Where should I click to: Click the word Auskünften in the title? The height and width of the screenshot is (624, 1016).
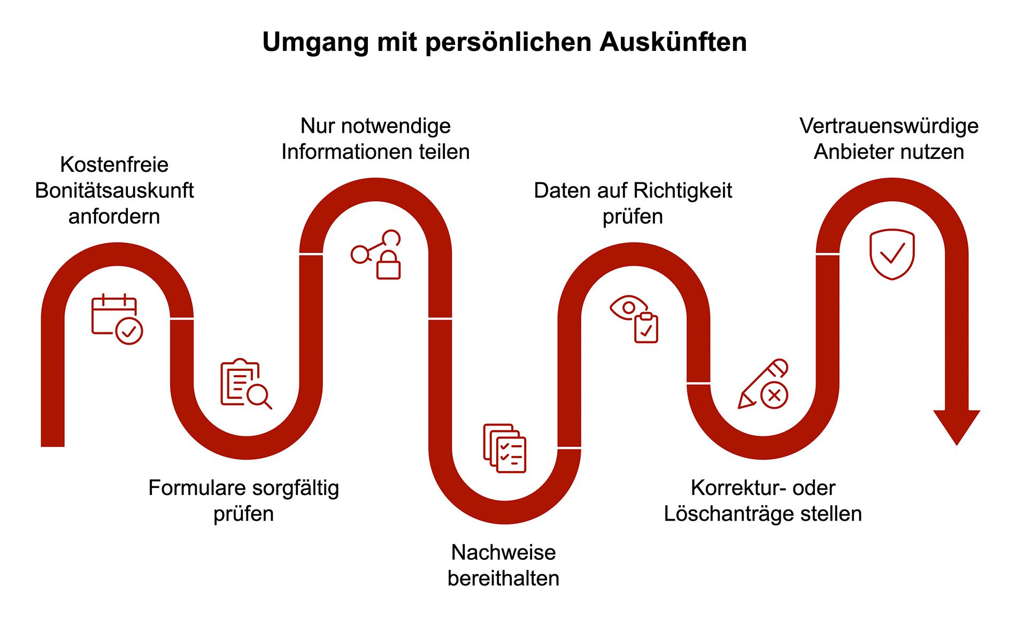(x=673, y=42)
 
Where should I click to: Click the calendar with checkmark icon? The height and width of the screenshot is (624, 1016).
(x=117, y=319)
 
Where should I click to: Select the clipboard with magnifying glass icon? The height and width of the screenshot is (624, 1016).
(x=246, y=384)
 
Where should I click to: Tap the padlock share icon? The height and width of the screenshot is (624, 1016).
(x=376, y=255)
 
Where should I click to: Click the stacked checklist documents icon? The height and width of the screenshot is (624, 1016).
(x=505, y=448)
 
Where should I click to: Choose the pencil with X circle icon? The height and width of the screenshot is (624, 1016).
(x=763, y=384)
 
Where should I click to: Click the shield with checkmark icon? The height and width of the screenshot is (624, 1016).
(x=892, y=254)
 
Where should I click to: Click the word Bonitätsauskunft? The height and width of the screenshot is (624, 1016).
(x=114, y=191)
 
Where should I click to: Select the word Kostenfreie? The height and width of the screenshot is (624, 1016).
(x=114, y=164)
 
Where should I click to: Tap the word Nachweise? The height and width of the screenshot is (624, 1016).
(x=504, y=552)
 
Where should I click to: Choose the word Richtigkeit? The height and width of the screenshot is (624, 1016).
(x=682, y=191)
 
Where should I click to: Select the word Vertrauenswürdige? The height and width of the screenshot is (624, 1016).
(x=889, y=126)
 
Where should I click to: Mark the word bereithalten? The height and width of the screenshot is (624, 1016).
(x=504, y=579)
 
